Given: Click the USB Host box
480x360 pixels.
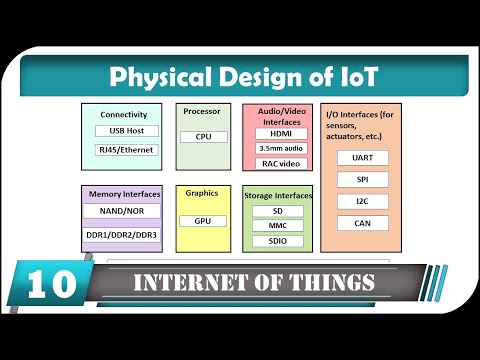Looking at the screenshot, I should point(126,131).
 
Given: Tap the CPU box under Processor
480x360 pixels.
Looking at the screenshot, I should point(203,137).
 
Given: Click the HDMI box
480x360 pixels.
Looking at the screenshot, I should point(278,133).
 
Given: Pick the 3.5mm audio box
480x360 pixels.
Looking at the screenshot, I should point(278,148).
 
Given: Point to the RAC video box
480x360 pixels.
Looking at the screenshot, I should point(278,163).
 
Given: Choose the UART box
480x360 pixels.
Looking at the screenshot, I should point(363,158).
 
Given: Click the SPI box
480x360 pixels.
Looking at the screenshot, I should point(363,179).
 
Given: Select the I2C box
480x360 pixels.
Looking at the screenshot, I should point(363,201).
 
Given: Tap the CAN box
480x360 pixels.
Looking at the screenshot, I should point(363,223).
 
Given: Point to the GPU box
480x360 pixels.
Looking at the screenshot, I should point(203,220).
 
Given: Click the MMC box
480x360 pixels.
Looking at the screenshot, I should point(278,226).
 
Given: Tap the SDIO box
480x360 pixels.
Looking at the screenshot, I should point(278,241).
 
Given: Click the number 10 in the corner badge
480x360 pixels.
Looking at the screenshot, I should point(47,284).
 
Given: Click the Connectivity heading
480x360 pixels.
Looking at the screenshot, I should point(124,115).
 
